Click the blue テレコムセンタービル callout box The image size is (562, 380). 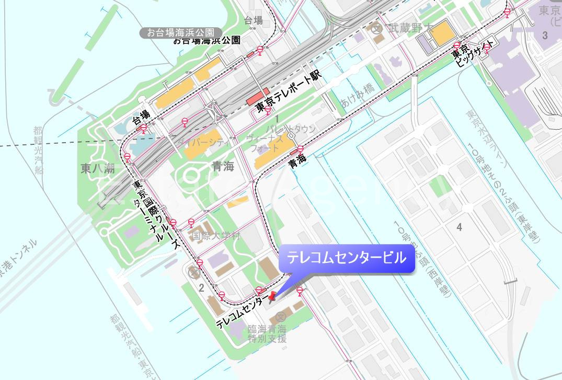coord(347,258)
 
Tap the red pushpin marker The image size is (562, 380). coord(272,298)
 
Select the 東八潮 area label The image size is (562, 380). coord(98,168)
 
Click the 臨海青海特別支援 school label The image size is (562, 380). coord(267,333)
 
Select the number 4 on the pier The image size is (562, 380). coord(459,227)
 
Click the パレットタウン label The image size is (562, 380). coord(291,129)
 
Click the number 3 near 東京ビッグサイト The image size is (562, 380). coord(545,36)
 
